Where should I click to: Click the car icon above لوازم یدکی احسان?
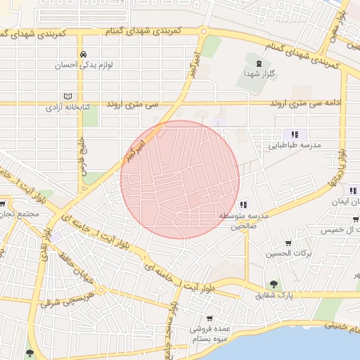click(84, 54)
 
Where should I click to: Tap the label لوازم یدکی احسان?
click(84, 65)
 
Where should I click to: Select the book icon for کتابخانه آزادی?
click(67, 96)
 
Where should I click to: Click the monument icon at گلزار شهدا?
click(259, 64)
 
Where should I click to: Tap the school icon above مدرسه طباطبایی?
click(295, 134)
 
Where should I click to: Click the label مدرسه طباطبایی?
click(295, 146)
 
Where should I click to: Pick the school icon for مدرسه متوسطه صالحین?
click(243, 205)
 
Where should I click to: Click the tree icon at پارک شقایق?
click(274, 285)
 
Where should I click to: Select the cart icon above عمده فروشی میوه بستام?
click(209, 318)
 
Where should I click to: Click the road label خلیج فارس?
click(80, 147)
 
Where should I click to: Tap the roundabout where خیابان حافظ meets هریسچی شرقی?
click(102, 290)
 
